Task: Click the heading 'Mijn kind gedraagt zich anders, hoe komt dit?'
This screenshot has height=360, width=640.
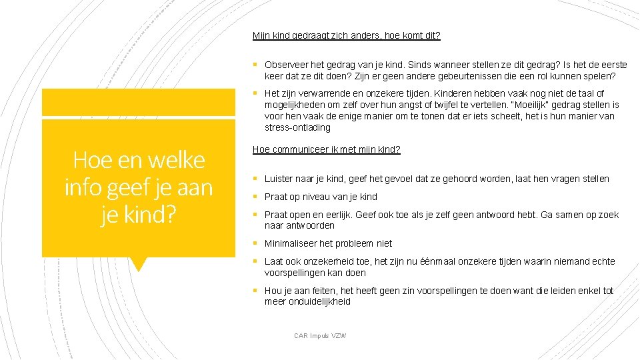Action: tap(346, 35)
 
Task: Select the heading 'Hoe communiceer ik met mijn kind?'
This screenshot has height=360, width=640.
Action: tap(326, 149)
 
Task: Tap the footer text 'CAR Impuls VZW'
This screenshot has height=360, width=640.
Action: tap(320, 335)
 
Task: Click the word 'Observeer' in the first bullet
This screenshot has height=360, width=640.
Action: tap(284, 65)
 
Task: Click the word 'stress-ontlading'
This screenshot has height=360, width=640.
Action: tap(297, 127)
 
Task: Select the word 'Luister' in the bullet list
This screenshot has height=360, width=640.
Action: tap(279, 179)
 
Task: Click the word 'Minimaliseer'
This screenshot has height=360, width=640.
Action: tap(291, 243)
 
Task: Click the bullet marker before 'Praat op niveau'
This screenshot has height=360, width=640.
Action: tap(255, 197)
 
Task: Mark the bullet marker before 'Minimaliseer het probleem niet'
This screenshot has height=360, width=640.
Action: tap(255, 243)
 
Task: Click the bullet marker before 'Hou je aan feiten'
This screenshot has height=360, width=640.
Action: tap(255, 291)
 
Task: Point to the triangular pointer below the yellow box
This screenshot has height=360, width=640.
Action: tap(139, 264)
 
